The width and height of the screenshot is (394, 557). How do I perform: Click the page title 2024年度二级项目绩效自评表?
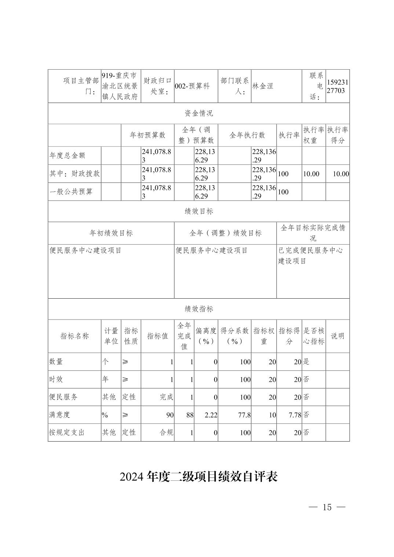click(x=198, y=477)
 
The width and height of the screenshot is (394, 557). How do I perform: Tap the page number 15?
click(x=327, y=507)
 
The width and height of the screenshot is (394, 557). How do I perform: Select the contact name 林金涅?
click(x=263, y=86)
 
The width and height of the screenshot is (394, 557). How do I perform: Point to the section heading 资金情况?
click(x=198, y=113)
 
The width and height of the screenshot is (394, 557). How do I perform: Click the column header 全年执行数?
click(x=247, y=135)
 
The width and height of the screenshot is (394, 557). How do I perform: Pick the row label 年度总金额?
click(x=68, y=155)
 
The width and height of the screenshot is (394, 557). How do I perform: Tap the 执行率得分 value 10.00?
click(x=341, y=174)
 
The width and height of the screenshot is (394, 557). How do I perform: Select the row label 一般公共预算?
click(x=71, y=192)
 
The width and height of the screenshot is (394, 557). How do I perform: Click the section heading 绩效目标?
click(x=198, y=211)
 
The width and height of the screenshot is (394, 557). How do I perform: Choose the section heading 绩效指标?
click(x=198, y=309)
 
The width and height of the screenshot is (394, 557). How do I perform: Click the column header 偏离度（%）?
click(x=206, y=336)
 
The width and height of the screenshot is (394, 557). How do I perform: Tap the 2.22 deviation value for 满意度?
click(x=210, y=415)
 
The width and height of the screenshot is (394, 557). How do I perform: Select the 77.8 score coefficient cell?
click(x=244, y=415)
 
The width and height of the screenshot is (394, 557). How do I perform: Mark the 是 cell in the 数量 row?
click(x=306, y=362)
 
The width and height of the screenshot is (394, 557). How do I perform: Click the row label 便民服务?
click(x=63, y=397)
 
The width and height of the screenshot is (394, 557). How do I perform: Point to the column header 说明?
click(x=338, y=336)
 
